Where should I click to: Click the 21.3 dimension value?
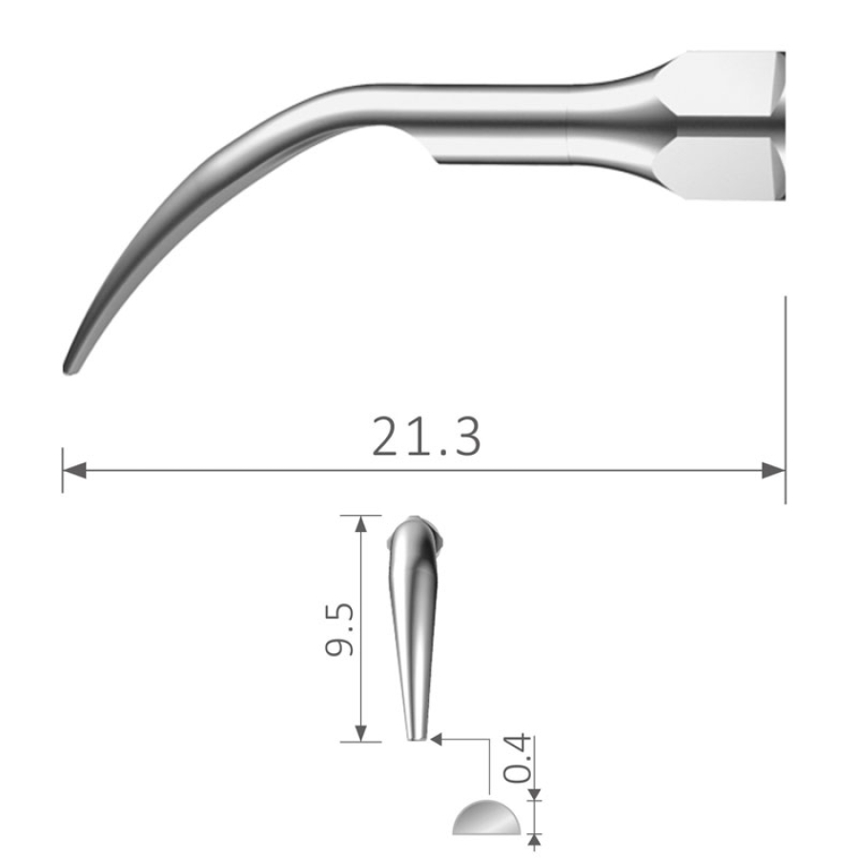point(426,437)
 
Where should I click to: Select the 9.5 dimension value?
point(339,629)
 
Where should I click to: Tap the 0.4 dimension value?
point(517,759)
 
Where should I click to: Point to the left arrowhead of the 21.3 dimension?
point(74,470)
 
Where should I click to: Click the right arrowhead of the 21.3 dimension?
point(774,470)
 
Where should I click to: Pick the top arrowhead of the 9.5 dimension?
point(360,524)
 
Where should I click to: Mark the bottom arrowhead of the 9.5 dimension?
point(360,733)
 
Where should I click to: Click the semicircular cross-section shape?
point(486,818)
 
